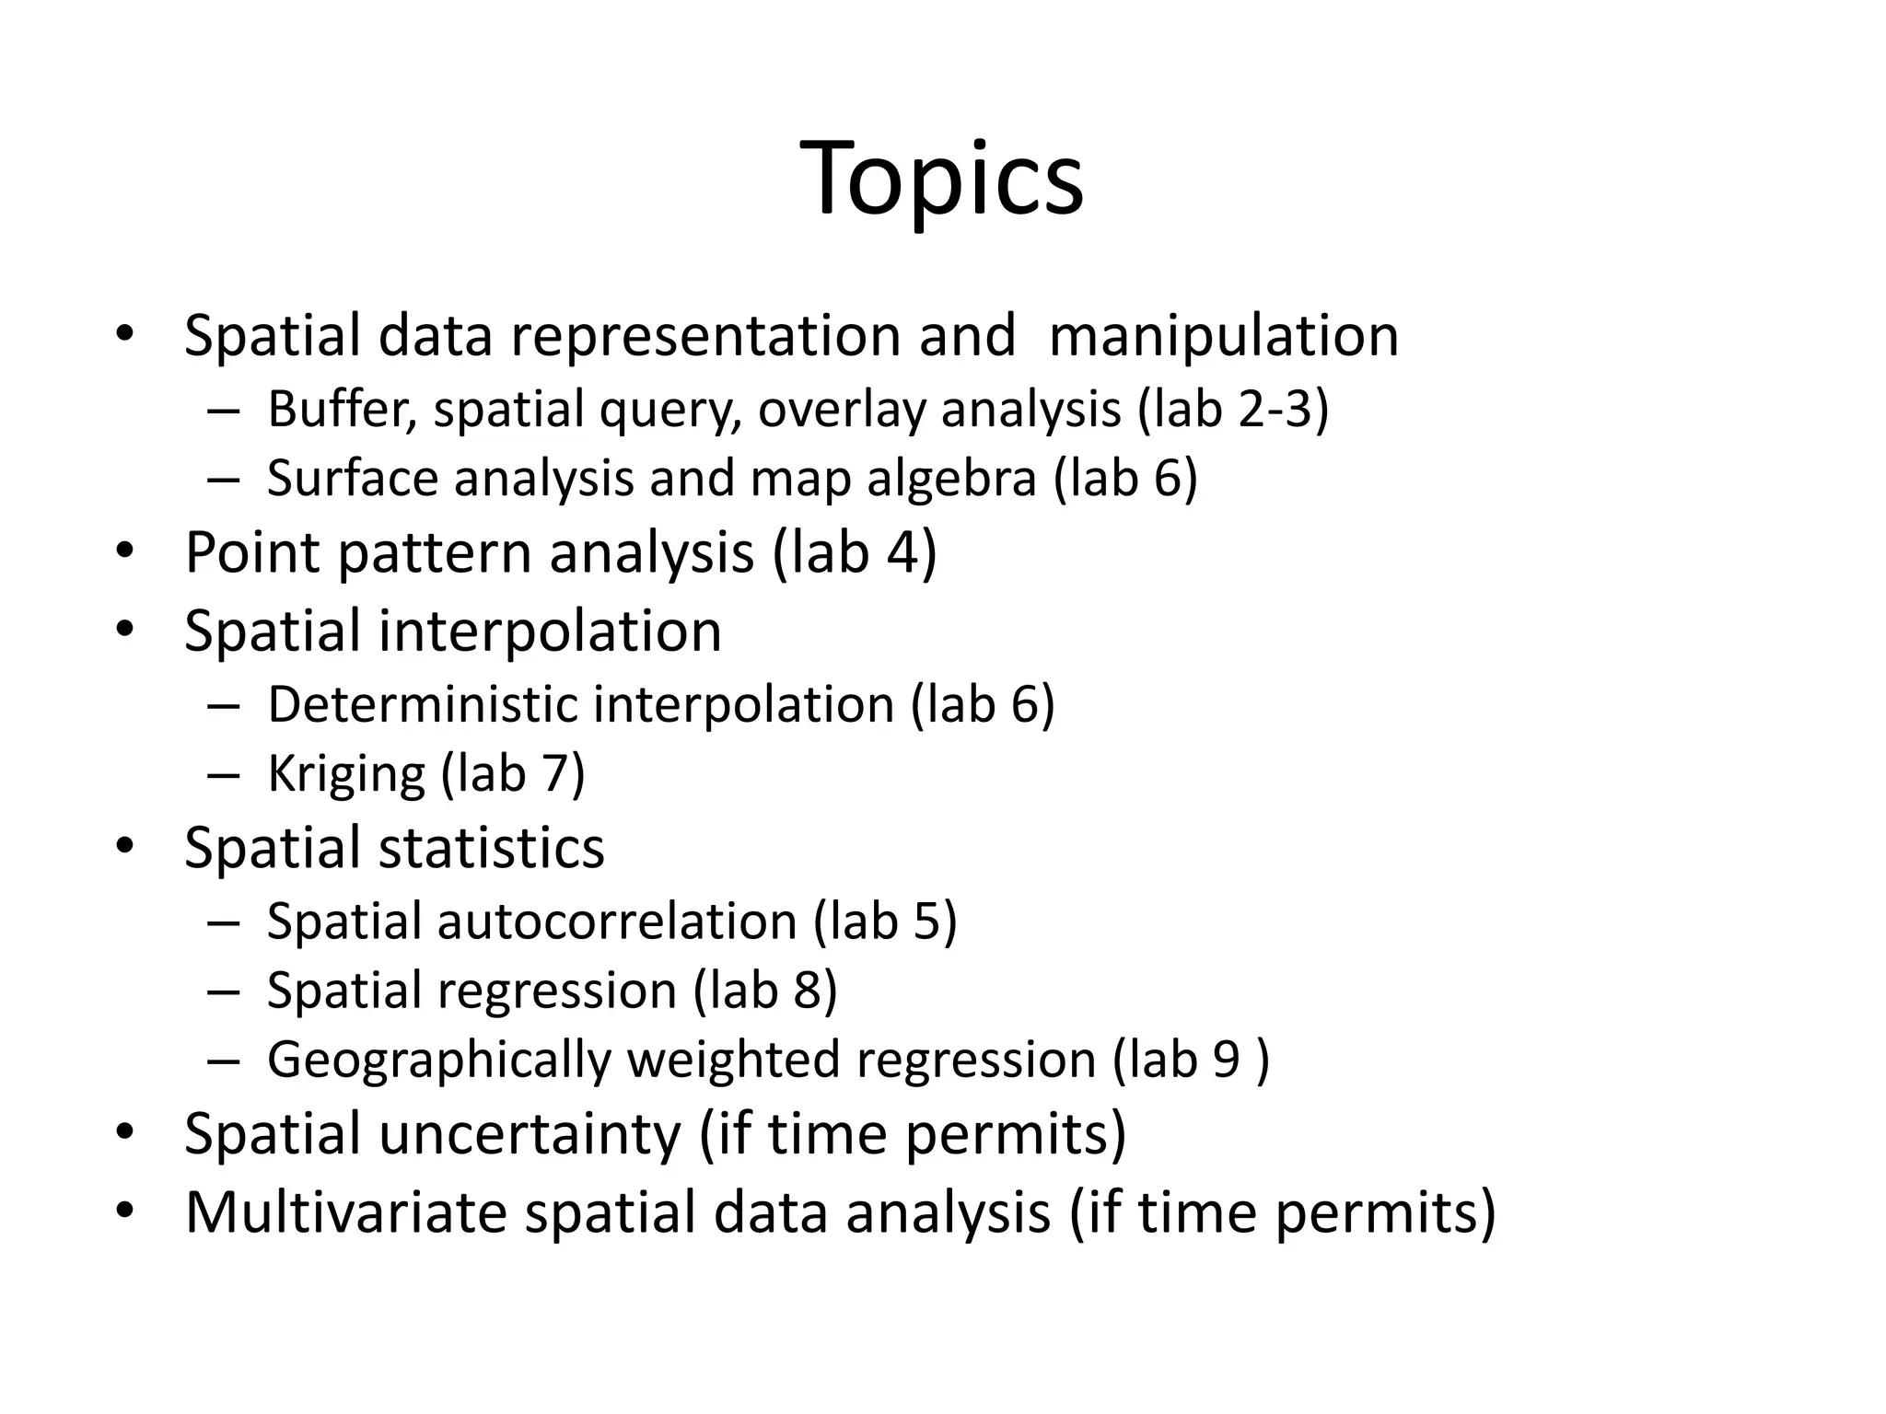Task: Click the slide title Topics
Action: (x=942, y=180)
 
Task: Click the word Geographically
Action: (x=439, y=1060)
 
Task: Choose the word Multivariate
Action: (x=346, y=1212)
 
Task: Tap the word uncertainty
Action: (x=530, y=1134)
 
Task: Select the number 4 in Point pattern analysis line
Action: (x=903, y=553)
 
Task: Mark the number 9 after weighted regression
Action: (x=1227, y=1060)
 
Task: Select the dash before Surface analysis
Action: (x=223, y=480)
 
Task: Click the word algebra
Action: (x=951, y=480)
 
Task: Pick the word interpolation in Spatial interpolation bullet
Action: (x=550, y=632)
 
